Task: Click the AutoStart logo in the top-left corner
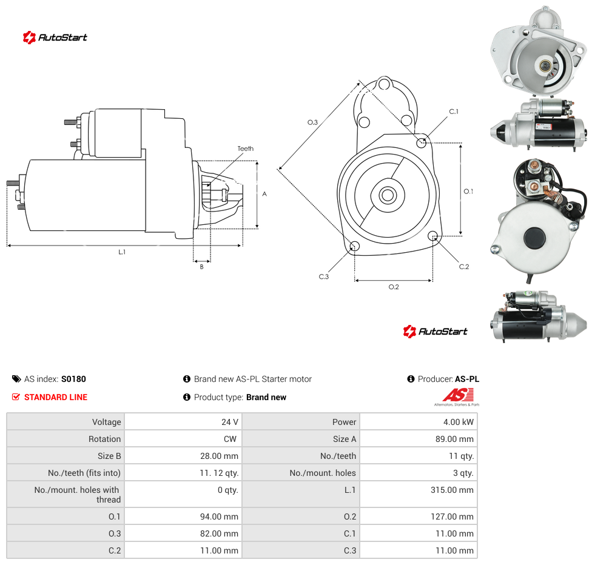55,38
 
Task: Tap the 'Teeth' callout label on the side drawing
246,149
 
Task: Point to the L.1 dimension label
122,252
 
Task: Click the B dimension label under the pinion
201,267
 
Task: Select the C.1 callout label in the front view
454,112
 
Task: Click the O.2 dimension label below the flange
394,287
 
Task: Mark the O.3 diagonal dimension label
312,122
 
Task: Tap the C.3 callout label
324,276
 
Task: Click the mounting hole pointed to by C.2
434,236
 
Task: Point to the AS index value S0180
73,379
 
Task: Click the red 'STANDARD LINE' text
56,397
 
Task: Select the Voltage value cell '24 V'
230,422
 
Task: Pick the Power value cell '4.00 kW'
459,422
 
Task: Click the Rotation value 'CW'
230,439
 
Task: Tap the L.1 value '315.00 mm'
452,490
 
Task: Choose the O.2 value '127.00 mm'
452,517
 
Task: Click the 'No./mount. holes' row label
323,473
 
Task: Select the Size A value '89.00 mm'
454,439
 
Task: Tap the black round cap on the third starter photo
534,238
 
